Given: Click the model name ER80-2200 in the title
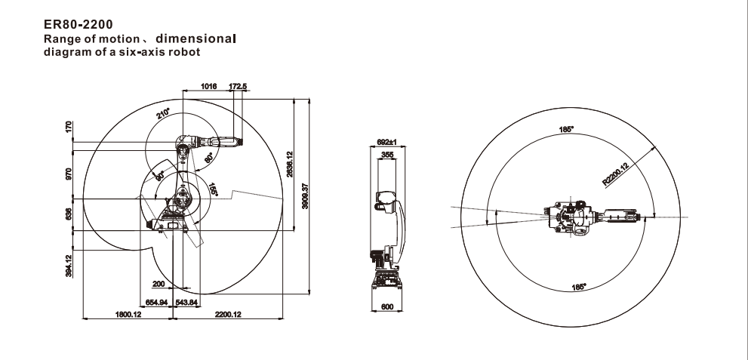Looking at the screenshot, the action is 78,24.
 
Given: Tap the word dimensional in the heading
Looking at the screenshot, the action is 195,38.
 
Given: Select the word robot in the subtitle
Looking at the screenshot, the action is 184,52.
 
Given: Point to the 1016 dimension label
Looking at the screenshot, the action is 208,86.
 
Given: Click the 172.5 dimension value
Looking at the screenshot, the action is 238,86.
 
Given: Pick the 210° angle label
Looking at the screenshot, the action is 163,113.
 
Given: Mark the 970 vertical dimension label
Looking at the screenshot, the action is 69,175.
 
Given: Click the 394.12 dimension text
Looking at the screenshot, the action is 69,266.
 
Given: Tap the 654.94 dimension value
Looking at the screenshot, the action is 156,303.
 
